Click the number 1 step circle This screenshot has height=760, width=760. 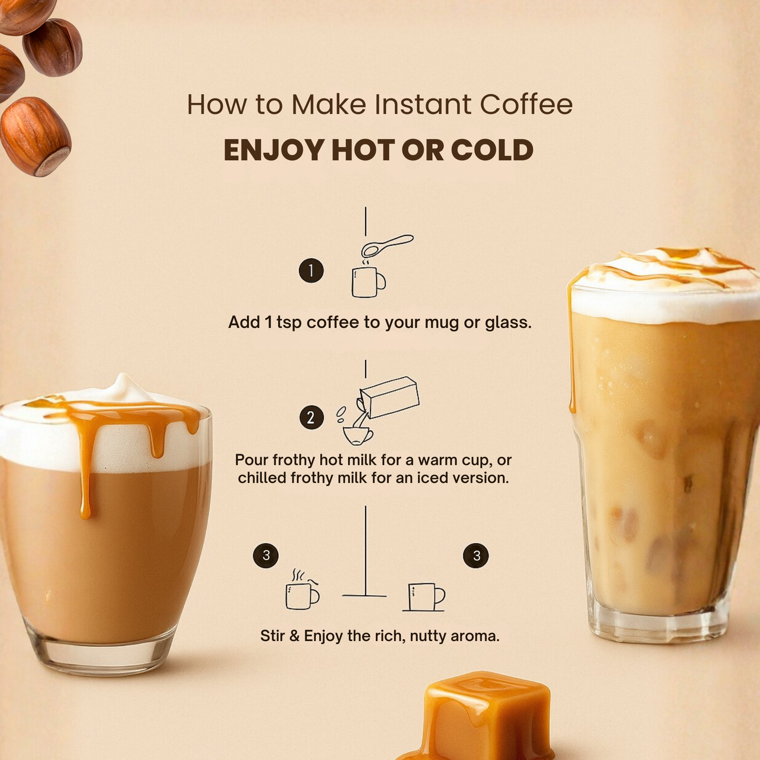[x=311, y=270]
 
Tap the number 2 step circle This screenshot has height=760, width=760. [x=311, y=417]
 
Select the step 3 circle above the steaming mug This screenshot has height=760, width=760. [x=266, y=556]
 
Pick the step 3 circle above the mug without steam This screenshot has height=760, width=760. [x=475, y=556]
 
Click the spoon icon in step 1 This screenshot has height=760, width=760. [x=387, y=245]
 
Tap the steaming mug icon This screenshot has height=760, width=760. [x=302, y=589]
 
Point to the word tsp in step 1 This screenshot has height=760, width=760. [x=289, y=323]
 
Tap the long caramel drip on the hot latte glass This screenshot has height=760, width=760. [x=84, y=465]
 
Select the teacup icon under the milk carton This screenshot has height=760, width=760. [x=357, y=435]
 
